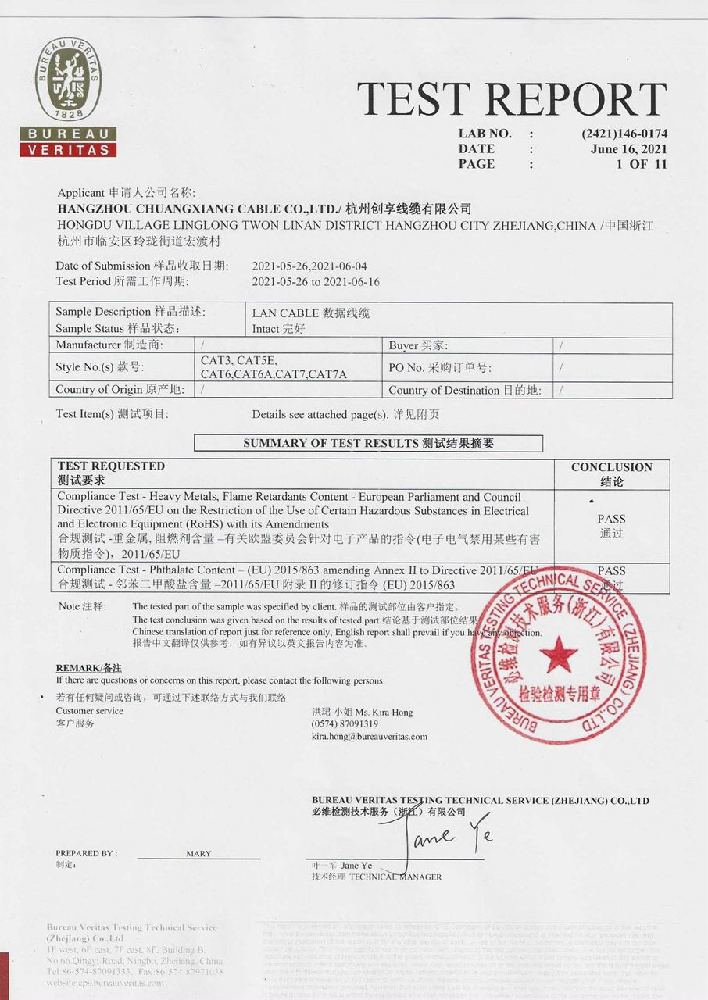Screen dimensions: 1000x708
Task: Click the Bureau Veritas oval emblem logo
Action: coord(68,80)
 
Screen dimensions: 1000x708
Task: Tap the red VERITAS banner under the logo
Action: coord(68,149)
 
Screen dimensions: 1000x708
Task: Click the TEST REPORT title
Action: coord(512,99)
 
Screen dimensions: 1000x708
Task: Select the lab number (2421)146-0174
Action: coord(624,134)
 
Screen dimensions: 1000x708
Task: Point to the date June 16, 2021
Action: coord(629,148)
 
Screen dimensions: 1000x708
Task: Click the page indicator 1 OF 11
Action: coord(642,164)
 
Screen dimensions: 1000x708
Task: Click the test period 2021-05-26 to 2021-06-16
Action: coord(316,281)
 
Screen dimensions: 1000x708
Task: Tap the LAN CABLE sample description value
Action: coord(310,312)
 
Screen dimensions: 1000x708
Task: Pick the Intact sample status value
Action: coord(278,329)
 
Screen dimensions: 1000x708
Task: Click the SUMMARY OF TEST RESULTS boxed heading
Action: coord(368,444)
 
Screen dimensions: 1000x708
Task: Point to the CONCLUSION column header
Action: coord(611,467)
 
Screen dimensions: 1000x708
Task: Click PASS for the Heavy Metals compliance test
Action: coord(611,519)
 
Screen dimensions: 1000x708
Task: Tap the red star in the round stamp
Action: coord(559,654)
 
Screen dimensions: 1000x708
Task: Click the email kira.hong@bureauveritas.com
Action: coord(370,736)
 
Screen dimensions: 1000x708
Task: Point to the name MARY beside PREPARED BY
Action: coord(198,854)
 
